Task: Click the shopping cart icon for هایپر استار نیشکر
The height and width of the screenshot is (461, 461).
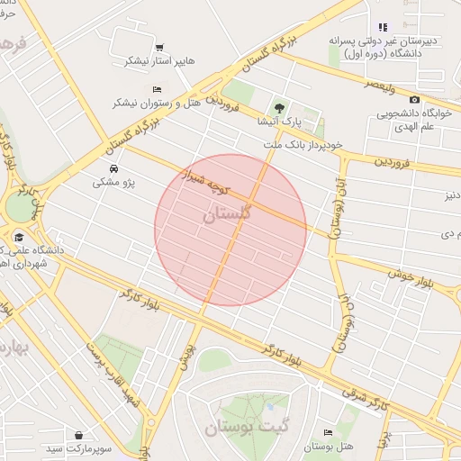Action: click(159, 47)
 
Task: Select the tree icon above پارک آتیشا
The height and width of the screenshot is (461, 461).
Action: click(278, 106)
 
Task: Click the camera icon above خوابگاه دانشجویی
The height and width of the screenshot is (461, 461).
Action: click(414, 99)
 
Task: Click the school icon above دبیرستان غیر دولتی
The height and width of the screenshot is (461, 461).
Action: click(384, 27)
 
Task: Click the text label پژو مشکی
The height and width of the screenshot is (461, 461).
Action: click(113, 183)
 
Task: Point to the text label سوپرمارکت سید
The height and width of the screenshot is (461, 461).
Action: click(80, 447)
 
